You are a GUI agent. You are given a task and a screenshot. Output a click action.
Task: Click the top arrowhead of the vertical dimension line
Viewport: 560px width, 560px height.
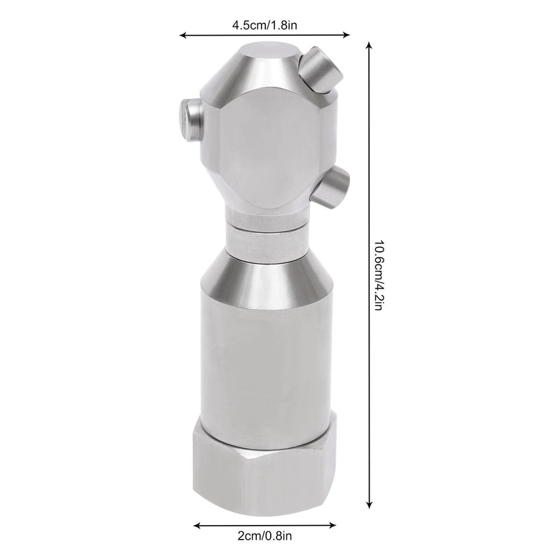pos(369,44)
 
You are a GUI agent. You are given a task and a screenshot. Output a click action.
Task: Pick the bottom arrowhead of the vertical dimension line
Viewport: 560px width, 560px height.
pos(369,505)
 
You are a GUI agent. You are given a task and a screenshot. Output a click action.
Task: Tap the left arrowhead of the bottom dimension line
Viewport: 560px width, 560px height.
pos(196,524)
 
